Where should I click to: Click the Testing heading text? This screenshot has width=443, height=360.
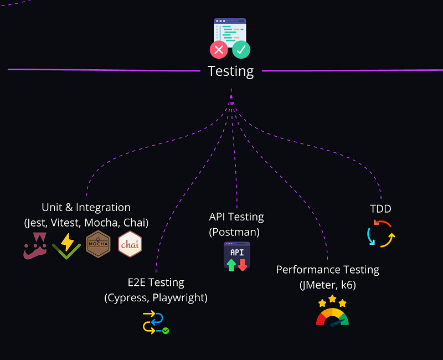pyautogui.click(x=230, y=71)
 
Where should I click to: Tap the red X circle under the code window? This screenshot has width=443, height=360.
pyautogui.click(x=219, y=50)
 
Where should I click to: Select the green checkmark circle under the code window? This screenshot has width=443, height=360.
pyautogui.click(x=241, y=50)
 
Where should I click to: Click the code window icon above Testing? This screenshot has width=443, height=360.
pyautogui.click(x=230, y=32)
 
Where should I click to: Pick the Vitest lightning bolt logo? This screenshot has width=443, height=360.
pyautogui.click(x=66, y=245)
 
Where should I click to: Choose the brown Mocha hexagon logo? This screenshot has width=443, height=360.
pyautogui.click(x=99, y=244)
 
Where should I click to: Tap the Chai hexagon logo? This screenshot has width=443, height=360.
pyautogui.click(x=130, y=244)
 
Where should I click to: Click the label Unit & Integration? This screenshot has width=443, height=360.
pyautogui.click(x=86, y=208)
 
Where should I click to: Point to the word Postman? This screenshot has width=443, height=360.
pyautogui.click(x=234, y=232)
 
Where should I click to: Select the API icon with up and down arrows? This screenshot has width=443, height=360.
pyautogui.click(x=236, y=256)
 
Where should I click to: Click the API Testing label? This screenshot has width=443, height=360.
pyautogui.click(x=236, y=217)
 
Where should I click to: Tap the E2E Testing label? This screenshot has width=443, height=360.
pyautogui.click(x=156, y=282)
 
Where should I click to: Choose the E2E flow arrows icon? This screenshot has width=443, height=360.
pyautogui.click(x=155, y=322)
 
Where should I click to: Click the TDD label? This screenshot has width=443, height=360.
pyautogui.click(x=380, y=209)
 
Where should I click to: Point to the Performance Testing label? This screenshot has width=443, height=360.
pyautogui.click(x=327, y=270)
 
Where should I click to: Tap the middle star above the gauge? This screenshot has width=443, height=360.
pyautogui.click(x=332, y=299)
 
